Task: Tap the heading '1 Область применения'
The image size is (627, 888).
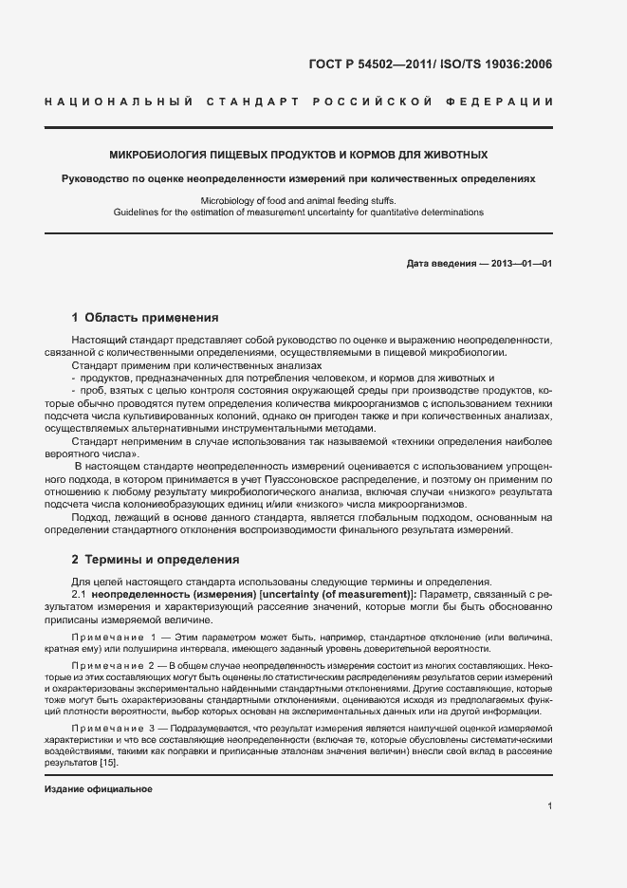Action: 145,318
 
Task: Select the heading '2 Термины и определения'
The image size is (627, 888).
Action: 156,559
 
